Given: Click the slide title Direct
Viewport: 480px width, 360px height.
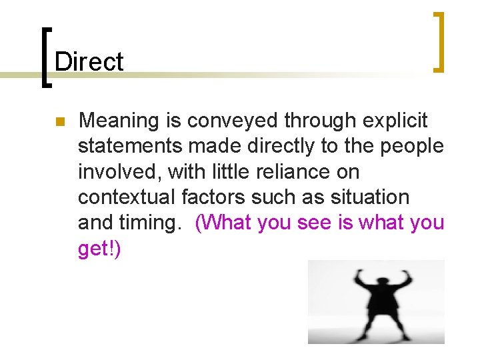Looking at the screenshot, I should pyautogui.click(x=89, y=62).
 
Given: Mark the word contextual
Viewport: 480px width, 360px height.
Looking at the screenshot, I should pyautogui.click(x=127, y=197).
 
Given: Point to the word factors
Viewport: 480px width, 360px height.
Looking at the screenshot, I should pyautogui.click(x=215, y=197).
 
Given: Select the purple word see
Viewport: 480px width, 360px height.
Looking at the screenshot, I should pyautogui.click(x=314, y=223).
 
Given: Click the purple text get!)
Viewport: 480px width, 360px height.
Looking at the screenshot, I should pyautogui.click(x=99, y=248).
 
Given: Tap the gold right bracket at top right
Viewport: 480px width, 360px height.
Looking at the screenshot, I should pyautogui.click(x=438, y=41).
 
